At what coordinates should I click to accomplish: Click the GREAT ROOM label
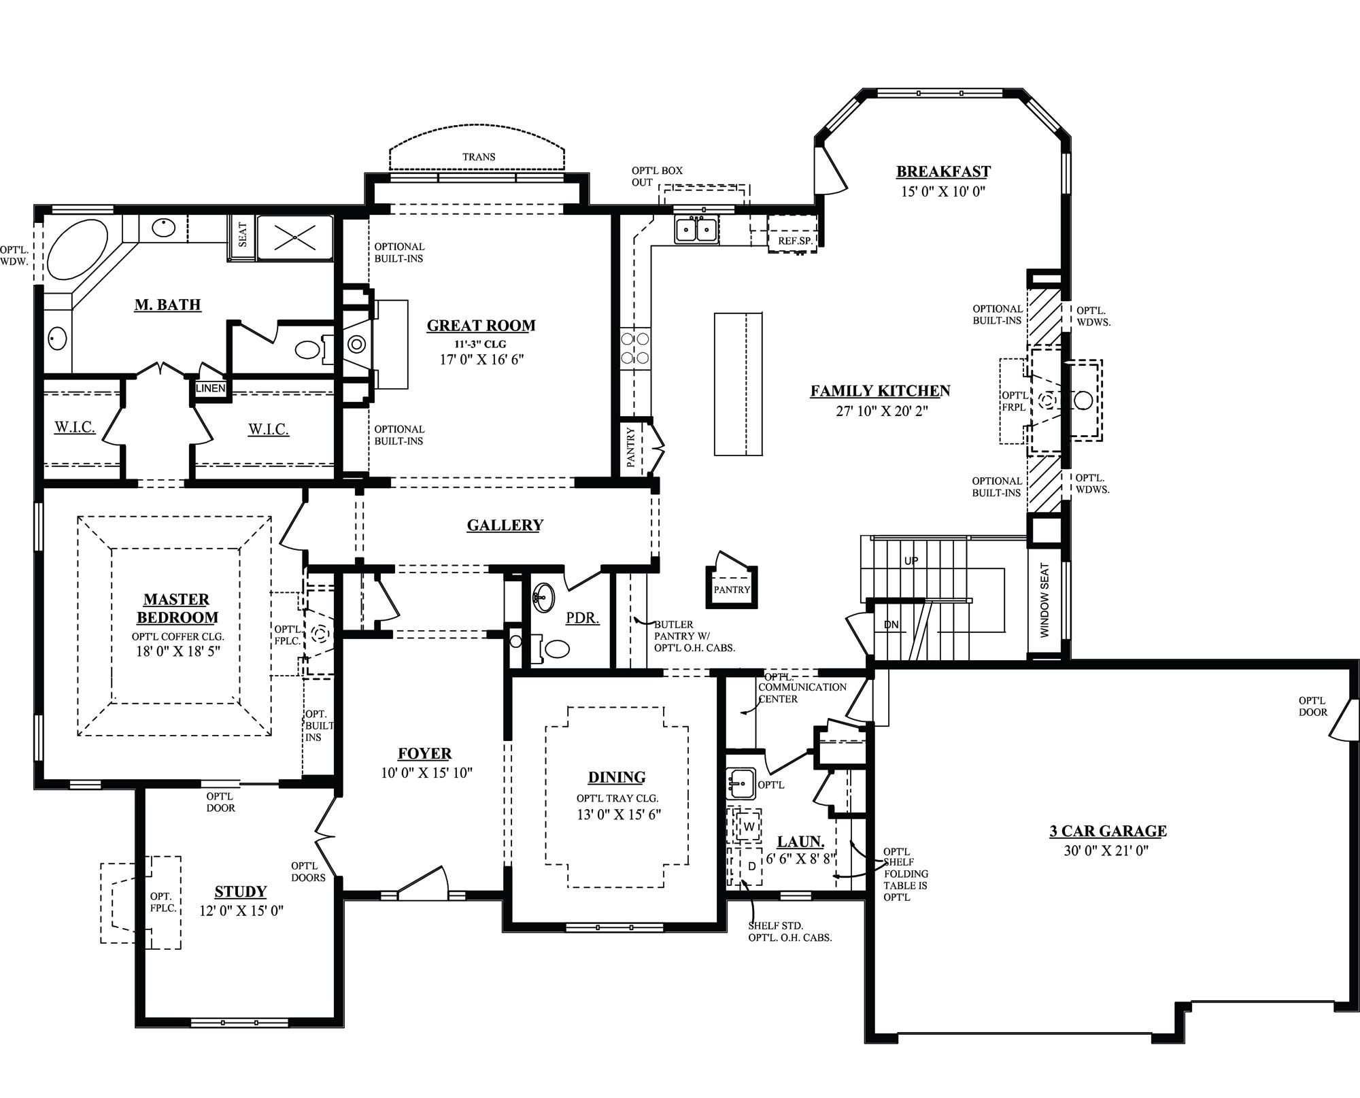481,326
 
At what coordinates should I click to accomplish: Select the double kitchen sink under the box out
697,230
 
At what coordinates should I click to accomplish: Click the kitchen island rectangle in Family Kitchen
738,383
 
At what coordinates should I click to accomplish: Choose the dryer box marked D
751,866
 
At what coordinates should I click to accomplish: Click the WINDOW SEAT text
1045,600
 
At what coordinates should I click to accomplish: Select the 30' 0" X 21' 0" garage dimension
1106,850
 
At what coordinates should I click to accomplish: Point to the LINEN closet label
211,388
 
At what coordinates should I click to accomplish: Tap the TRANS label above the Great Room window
479,157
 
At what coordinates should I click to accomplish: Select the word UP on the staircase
911,561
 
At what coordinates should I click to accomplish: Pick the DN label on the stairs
891,624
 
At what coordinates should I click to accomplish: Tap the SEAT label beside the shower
243,235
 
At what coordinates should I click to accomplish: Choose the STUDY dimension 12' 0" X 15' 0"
241,911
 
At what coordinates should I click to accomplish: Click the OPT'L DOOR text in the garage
1312,706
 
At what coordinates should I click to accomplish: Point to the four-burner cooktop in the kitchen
634,347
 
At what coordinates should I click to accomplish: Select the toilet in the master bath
309,349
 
